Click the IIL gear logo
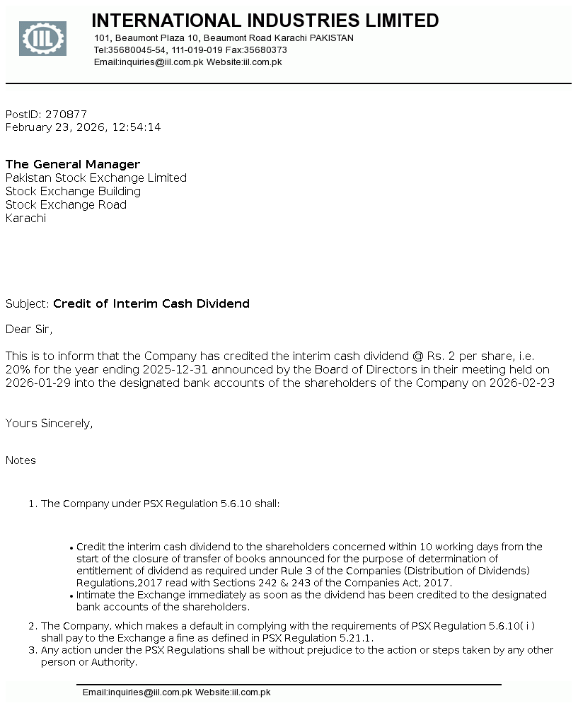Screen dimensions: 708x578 coord(42,39)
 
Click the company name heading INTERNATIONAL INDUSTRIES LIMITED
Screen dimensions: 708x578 coord(265,21)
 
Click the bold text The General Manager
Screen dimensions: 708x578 coord(73,164)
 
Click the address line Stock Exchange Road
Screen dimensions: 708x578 coord(66,204)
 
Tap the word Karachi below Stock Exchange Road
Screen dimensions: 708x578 coord(25,218)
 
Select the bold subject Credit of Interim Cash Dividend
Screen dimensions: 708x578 coord(151,303)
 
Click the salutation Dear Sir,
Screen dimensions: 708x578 coord(29,329)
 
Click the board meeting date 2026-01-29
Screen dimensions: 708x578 coord(36,383)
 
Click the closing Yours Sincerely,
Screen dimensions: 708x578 coord(50,423)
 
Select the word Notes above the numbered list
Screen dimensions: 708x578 coord(21,460)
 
